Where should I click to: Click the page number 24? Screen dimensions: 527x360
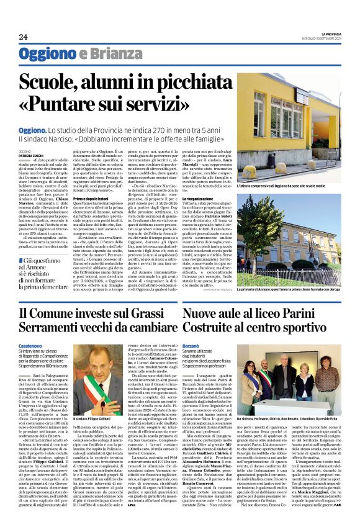click(x=23, y=37)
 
